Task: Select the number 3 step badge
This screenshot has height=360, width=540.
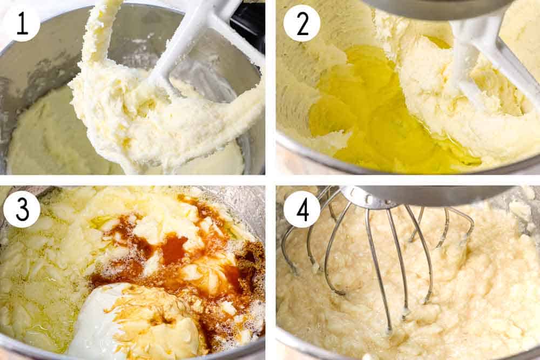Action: pos(22,209)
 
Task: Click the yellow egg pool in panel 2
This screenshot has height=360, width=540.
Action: pos(367,108)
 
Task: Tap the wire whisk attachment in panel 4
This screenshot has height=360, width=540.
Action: pos(373,254)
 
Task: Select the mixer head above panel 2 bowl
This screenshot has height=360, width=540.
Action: pos(432,8)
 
